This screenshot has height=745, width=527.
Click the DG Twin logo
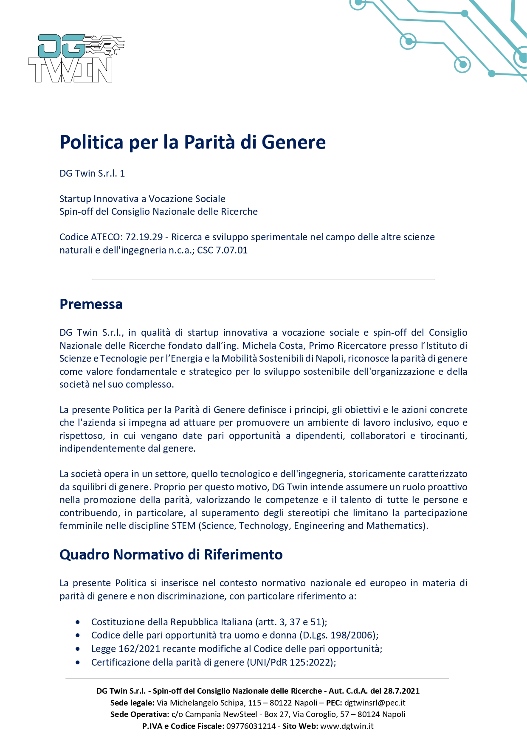[76, 59]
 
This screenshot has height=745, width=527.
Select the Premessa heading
[91, 304]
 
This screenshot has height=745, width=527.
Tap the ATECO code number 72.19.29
[144, 237]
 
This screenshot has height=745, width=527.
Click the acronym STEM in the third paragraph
[183, 526]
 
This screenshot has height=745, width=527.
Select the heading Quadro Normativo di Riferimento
[171, 554]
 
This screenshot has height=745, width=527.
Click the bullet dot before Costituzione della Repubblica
[78, 622]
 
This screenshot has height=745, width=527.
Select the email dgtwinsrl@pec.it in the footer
[375, 703]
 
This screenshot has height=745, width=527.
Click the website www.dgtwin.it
[347, 726]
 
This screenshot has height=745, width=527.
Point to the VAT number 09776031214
[251, 726]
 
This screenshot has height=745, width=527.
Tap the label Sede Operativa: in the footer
[139, 714]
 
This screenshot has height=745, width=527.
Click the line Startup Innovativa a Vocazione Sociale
[142, 199]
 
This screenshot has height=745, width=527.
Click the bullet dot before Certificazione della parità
[78, 663]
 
